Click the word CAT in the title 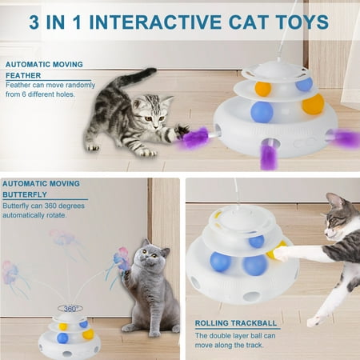[248, 22]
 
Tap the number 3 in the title [34, 22]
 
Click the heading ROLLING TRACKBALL [236, 323]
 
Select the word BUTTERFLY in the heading [25, 194]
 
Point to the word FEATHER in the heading [23, 75]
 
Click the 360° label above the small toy [70, 309]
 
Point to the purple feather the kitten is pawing [194, 138]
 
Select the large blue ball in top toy [262, 112]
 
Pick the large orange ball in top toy [313, 104]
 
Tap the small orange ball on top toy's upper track [263, 89]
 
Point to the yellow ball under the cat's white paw [274, 250]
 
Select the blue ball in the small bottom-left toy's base [62, 338]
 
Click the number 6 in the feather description [24, 94]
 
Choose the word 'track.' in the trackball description [254, 345]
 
